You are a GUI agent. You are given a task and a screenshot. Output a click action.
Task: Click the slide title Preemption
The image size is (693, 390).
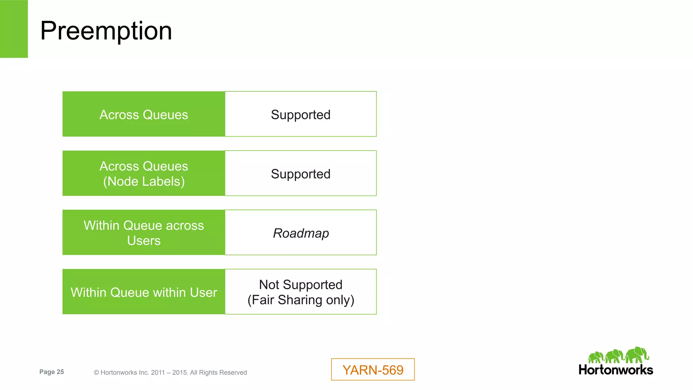point(106,31)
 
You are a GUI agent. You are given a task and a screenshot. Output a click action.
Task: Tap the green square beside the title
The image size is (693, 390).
point(14,29)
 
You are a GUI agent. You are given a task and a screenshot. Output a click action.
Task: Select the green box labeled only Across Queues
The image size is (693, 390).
point(144,114)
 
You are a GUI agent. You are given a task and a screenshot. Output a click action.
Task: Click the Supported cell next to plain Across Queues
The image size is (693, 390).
point(300,114)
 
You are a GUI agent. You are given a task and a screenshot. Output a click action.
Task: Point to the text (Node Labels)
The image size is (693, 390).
point(144,182)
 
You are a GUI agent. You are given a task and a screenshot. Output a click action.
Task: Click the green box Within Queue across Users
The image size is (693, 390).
point(144,233)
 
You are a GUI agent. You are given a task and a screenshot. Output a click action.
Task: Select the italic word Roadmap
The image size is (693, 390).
point(301,233)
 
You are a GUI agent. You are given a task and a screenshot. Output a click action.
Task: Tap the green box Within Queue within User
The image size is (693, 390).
point(144,292)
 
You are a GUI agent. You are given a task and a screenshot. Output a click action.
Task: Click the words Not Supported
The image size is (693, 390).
point(300,284)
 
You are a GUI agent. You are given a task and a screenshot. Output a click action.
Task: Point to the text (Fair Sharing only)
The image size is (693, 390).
point(300,300)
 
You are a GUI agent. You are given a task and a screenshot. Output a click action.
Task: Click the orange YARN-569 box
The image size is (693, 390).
point(373,370)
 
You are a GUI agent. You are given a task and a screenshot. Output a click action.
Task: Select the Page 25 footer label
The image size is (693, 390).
point(51,372)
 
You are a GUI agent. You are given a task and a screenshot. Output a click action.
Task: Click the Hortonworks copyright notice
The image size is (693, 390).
point(170,372)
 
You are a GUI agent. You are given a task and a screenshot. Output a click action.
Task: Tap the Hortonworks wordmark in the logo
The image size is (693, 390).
point(616,370)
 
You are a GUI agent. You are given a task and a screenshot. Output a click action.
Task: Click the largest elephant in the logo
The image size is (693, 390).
point(637,355)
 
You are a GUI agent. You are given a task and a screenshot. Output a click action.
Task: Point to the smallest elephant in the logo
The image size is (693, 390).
point(596,358)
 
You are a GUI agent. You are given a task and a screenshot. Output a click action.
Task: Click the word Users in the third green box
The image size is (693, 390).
point(144,240)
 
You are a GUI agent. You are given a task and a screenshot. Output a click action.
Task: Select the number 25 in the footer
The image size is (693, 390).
point(60,372)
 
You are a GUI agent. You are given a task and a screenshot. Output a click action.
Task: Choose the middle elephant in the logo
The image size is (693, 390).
point(614,357)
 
